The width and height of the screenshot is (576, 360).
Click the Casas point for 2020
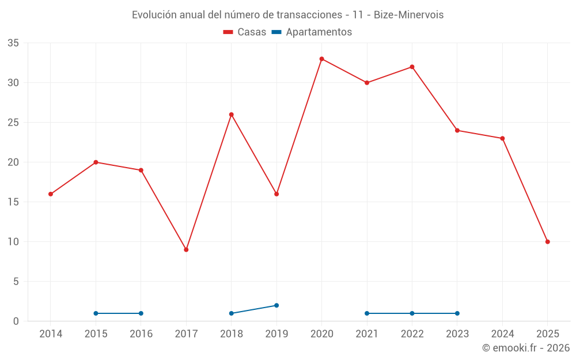pyautogui.click(x=322, y=59)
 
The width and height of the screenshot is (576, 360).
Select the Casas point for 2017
pyautogui.click(x=186, y=249)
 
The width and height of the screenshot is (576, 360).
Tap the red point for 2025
pyautogui.click(x=547, y=242)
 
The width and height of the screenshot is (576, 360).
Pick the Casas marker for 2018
pyautogui.click(x=232, y=115)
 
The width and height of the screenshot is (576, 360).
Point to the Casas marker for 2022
pyautogui.click(x=412, y=67)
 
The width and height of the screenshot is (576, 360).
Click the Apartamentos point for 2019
pyautogui.click(x=276, y=305)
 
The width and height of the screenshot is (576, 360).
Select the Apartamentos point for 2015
pyautogui.click(x=96, y=313)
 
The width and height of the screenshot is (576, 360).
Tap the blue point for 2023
pyautogui.click(x=457, y=313)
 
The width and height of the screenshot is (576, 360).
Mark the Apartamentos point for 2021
pyautogui.click(x=367, y=313)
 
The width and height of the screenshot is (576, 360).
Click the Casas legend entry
pyautogui.click(x=245, y=32)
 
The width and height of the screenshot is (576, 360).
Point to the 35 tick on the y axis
pyautogui.click(x=13, y=43)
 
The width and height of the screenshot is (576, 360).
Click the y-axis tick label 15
pyautogui.click(x=13, y=202)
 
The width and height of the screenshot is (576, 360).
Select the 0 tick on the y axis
pyautogui.click(x=16, y=321)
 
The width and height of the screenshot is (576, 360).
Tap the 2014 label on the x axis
pyautogui.click(x=51, y=334)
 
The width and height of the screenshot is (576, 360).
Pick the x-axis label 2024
pyautogui.click(x=502, y=334)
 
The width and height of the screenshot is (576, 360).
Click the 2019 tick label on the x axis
pyautogui.click(x=276, y=334)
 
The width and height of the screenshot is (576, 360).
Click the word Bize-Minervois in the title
pyautogui.click(x=408, y=15)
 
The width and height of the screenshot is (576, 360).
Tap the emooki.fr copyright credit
pyautogui.click(x=526, y=348)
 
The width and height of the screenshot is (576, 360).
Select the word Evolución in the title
pyautogui.click(x=154, y=15)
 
